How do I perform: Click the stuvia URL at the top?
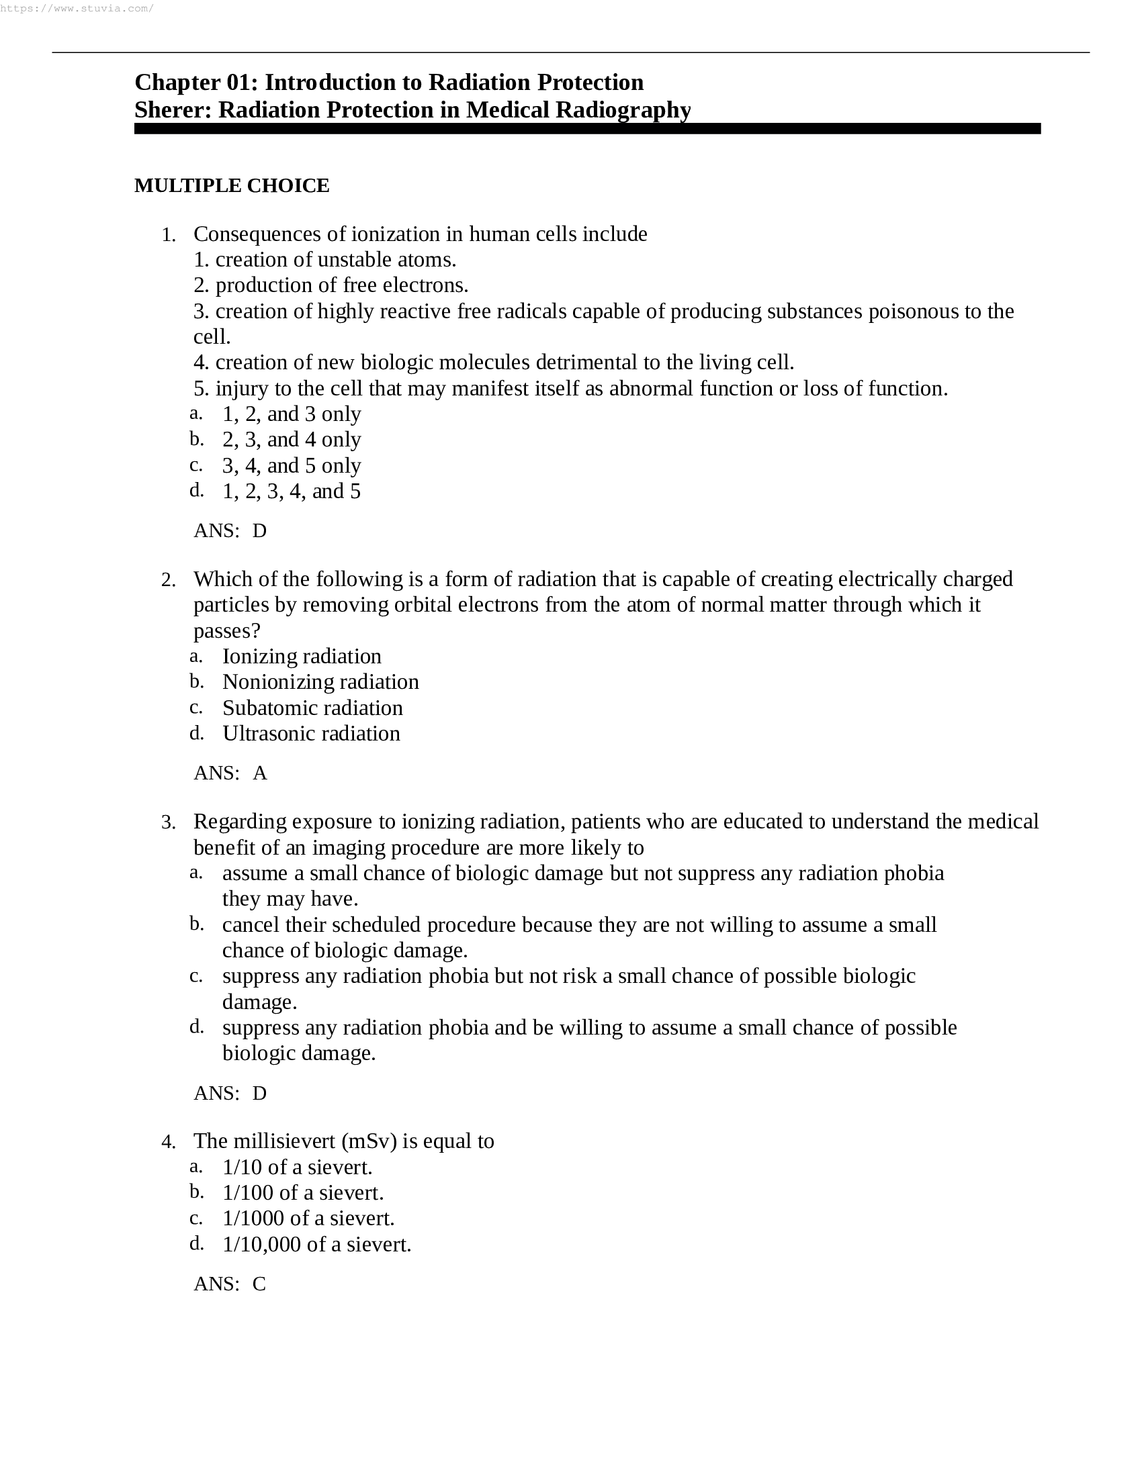click(77, 9)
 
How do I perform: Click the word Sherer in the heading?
click(172, 109)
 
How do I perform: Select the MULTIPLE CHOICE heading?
click(231, 185)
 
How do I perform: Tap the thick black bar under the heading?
click(586, 128)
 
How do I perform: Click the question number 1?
click(168, 236)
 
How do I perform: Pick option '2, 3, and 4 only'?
click(291, 440)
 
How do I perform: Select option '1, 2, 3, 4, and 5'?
click(291, 491)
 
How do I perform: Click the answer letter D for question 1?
click(260, 531)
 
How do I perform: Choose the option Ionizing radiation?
click(302, 656)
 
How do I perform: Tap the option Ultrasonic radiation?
click(311, 733)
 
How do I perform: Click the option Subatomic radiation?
click(312, 708)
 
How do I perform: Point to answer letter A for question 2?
click(260, 773)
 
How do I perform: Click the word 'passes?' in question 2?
click(226, 631)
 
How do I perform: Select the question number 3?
click(168, 823)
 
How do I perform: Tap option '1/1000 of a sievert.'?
click(308, 1218)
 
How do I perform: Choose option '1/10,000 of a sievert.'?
click(316, 1243)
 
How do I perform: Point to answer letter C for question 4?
click(259, 1284)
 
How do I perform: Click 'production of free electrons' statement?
click(331, 285)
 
